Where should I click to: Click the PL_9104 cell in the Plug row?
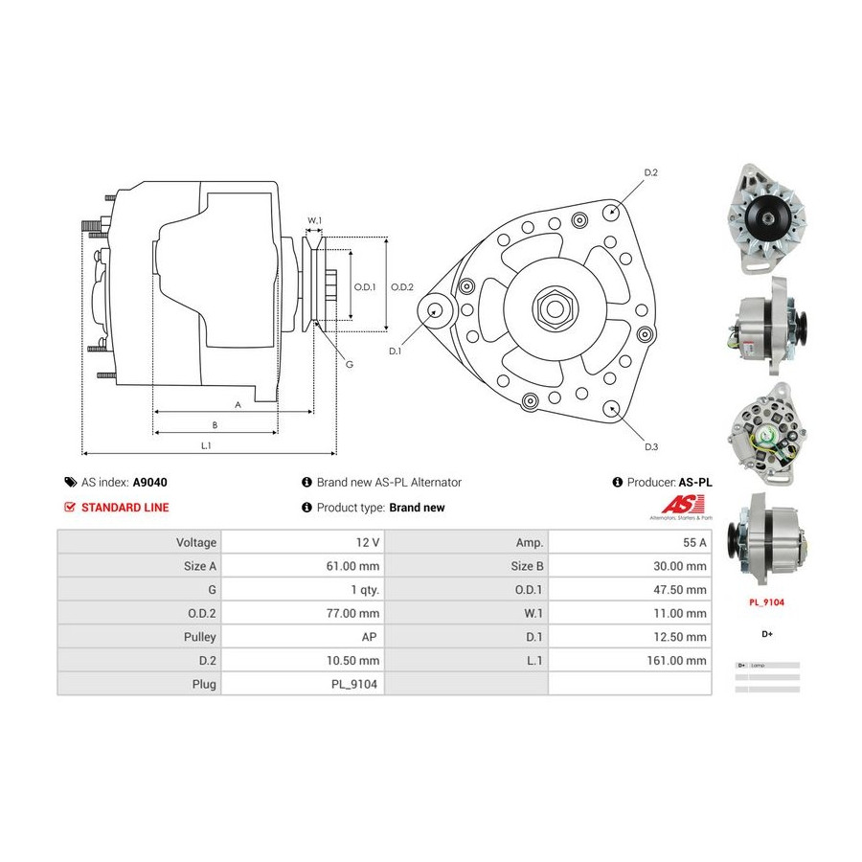[355, 684]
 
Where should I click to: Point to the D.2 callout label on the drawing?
[650, 172]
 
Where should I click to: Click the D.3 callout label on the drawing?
[650, 447]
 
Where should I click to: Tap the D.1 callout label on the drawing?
[396, 352]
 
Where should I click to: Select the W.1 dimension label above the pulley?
[313, 220]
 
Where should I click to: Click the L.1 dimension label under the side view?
[206, 444]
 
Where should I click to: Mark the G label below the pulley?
[349, 364]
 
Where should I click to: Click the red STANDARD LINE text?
[124, 508]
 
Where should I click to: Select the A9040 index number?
[149, 483]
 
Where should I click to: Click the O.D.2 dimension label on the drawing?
[402, 286]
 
